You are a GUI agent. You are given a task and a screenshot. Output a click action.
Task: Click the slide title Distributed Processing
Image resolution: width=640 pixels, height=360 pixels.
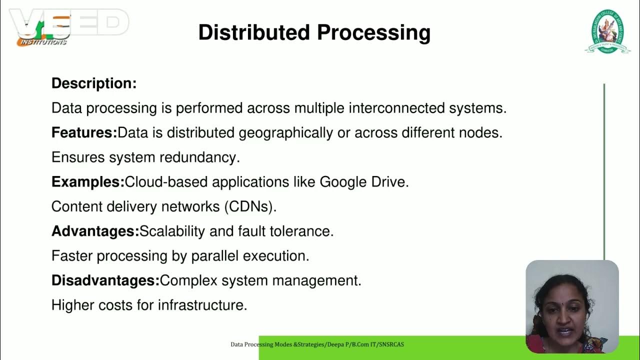314,33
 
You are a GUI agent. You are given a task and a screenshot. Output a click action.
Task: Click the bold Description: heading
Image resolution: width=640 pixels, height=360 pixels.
94,83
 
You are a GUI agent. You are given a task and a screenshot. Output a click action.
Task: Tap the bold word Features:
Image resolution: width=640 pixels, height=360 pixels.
84,133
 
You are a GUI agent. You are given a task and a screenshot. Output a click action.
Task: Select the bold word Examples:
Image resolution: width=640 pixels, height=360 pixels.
88,182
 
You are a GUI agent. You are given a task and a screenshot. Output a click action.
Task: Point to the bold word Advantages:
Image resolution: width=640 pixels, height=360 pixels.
95,231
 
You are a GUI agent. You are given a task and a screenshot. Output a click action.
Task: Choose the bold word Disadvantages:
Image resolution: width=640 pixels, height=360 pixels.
105,280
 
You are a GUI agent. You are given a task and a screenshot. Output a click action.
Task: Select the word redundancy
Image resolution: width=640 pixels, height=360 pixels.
200,157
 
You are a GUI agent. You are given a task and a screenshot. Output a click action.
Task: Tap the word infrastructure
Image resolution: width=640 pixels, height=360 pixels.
202,305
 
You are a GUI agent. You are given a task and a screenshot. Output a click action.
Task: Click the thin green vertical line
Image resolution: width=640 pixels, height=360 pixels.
604,170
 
